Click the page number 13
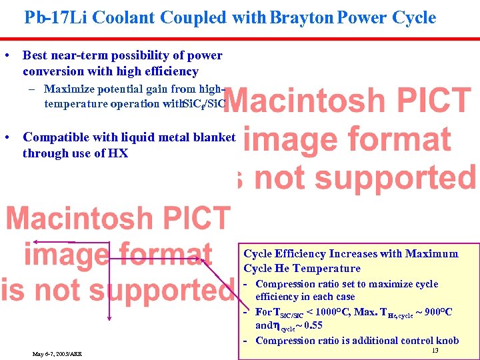435,351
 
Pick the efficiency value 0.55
312,326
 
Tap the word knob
445,340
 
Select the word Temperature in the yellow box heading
327,268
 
